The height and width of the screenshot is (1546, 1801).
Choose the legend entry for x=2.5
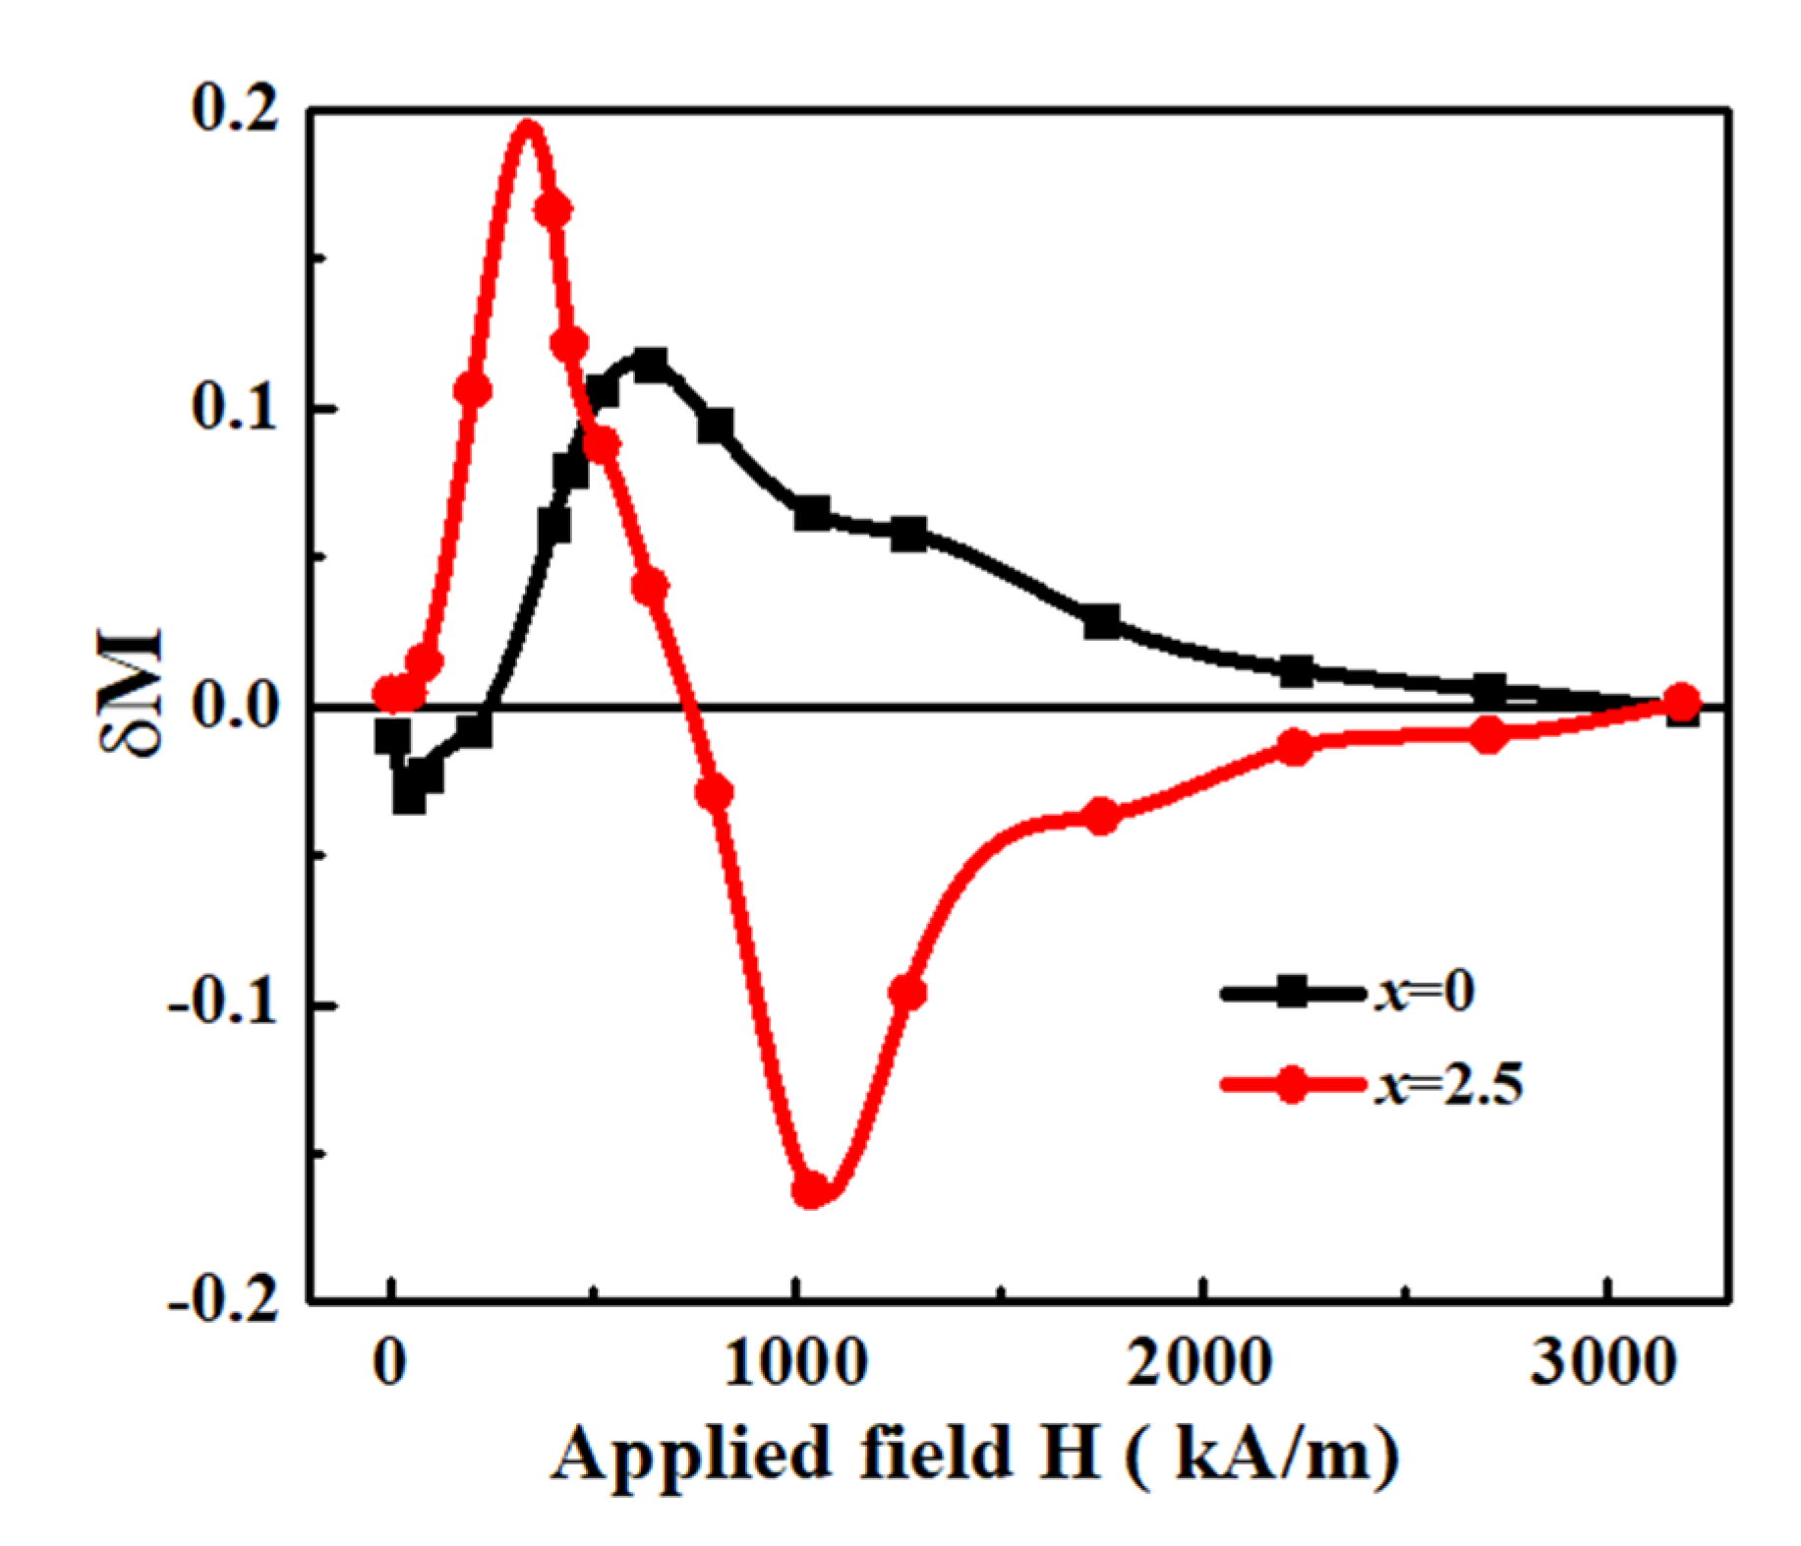[1372, 1084]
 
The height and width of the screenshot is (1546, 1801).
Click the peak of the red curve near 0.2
[528, 127]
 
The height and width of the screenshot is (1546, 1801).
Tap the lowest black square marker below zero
[410, 797]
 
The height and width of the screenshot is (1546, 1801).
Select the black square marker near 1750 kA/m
[1102, 621]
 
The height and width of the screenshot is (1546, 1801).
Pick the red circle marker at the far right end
[1682, 702]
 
